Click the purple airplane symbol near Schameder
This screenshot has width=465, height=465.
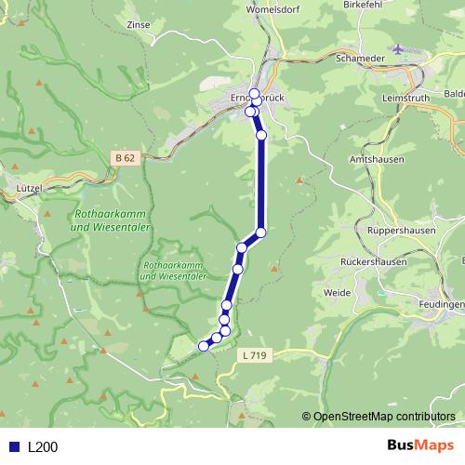coord(399,48)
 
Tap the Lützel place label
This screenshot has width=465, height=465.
coord(30,186)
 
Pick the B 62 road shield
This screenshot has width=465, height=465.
coord(126,158)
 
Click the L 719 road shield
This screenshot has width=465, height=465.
coord(253,355)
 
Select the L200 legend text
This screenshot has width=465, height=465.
coord(43,447)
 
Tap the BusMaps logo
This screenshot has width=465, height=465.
coord(420,446)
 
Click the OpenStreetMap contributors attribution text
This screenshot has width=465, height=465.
coord(383,417)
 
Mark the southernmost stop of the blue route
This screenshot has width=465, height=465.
coord(204,346)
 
